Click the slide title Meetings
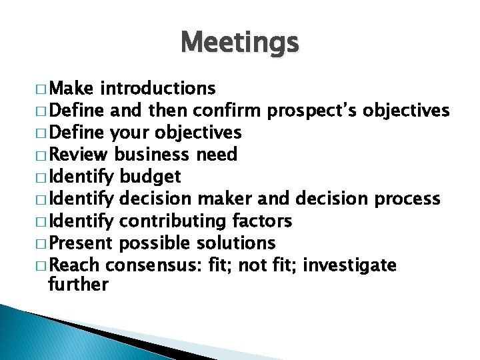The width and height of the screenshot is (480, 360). click(x=240, y=43)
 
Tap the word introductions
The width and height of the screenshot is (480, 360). click(x=158, y=88)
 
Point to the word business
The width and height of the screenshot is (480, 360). click(x=152, y=155)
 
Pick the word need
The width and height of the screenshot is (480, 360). click(x=217, y=155)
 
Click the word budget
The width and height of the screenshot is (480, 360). click(x=150, y=177)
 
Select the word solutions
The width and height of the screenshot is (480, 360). click(x=233, y=243)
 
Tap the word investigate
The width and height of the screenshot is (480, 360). click(x=349, y=265)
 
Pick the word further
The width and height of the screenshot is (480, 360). click(x=79, y=285)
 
